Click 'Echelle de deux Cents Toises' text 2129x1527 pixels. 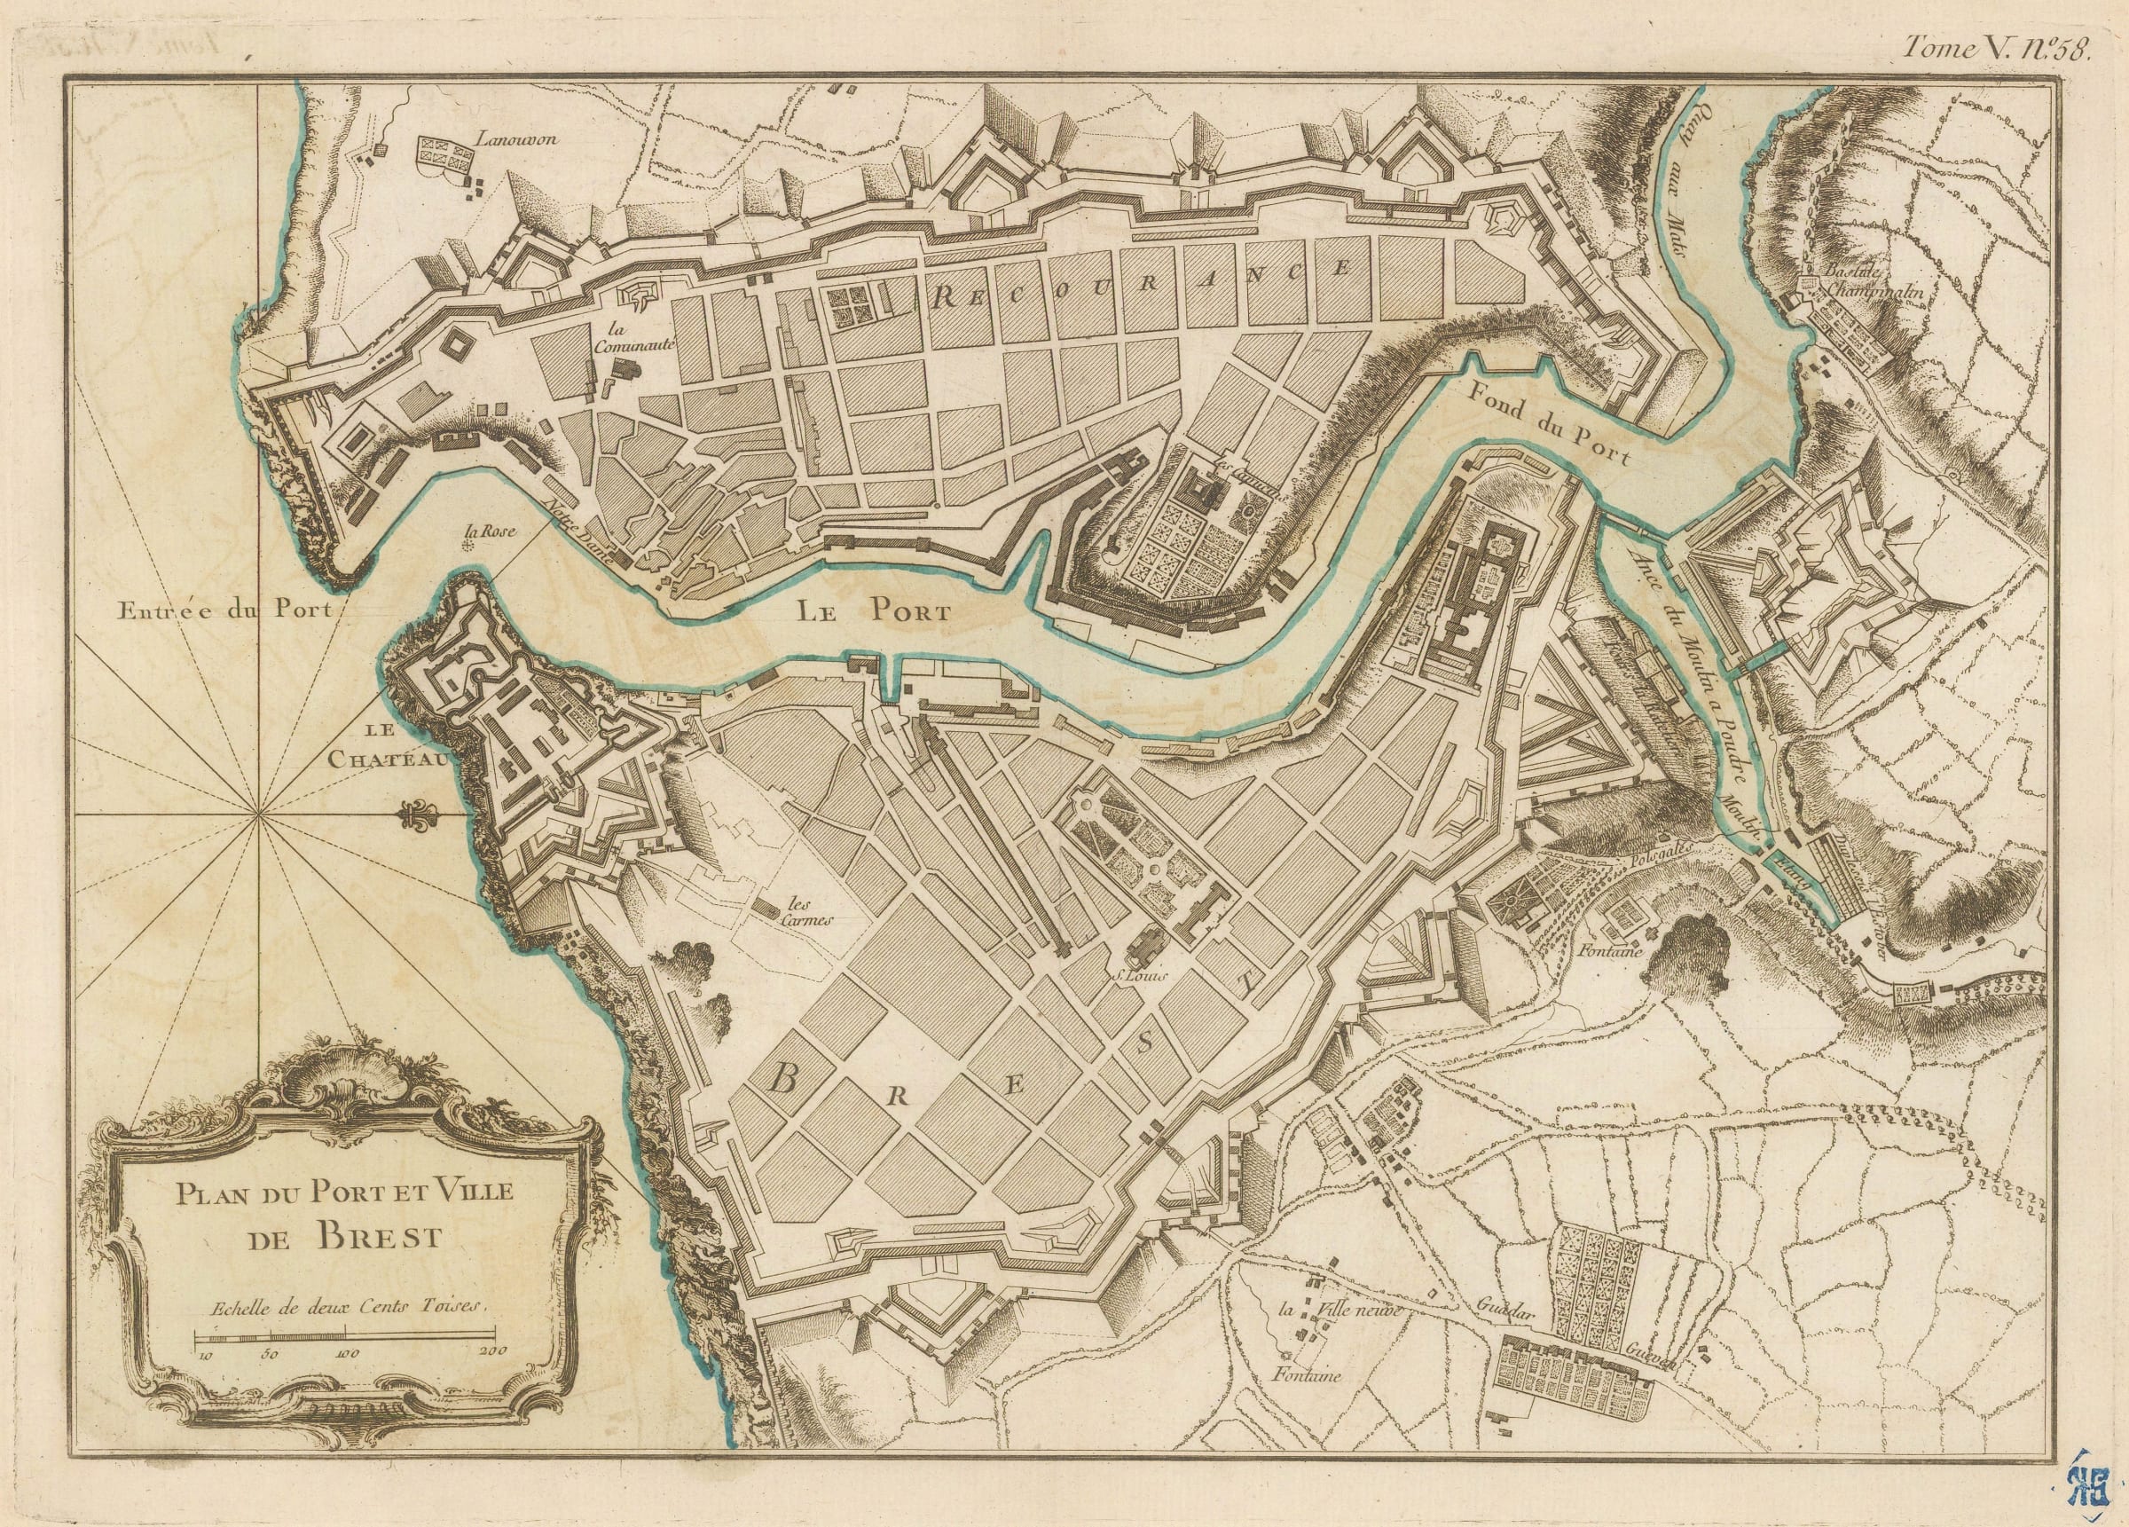pos(344,1306)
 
